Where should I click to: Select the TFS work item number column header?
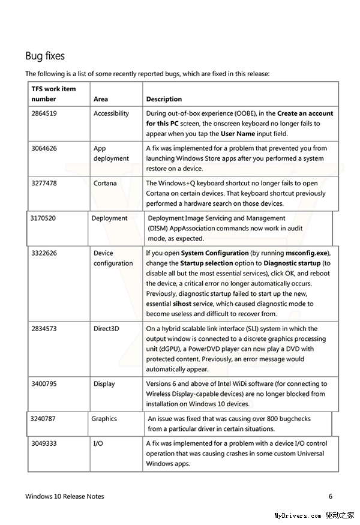(53, 94)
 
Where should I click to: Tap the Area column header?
(101, 99)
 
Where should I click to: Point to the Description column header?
(164, 99)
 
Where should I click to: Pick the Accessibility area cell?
(111, 113)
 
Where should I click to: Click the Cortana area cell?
(105, 183)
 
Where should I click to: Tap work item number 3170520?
(43, 218)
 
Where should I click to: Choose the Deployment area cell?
(109, 218)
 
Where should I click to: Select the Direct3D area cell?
(106, 329)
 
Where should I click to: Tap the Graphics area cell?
(104, 419)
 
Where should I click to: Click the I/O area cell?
(98, 443)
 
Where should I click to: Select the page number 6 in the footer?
(330, 496)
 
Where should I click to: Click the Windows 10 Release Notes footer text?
(64, 496)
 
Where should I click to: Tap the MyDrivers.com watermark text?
(298, 515)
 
